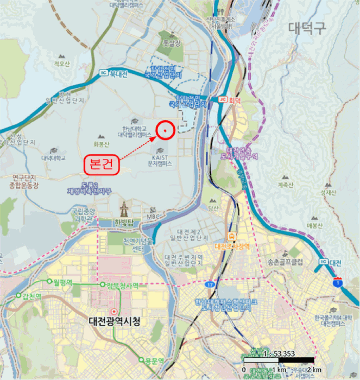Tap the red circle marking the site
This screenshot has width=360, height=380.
tap(165, 129)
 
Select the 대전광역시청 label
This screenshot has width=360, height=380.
tap(114, 321)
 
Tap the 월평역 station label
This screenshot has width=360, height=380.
tap(64, 282)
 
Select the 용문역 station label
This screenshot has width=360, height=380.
tap(154, 360)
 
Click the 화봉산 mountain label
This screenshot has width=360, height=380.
tap(101, 144)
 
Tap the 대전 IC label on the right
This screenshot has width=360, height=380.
tap(332, 263)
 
